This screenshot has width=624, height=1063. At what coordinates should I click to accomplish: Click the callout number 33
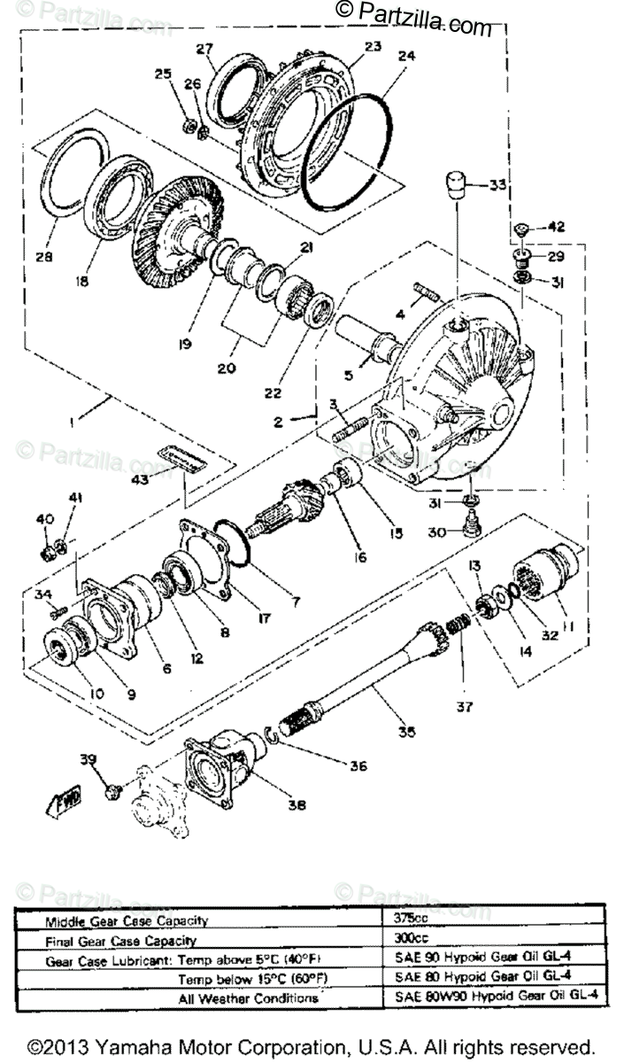498,186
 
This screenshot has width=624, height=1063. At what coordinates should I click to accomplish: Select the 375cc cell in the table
410,918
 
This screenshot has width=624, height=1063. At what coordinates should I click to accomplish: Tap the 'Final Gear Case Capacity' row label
120,941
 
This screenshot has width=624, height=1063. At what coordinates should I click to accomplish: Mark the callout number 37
465,706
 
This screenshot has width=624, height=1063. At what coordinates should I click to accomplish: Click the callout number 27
205,48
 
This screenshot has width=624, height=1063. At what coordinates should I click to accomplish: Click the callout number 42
555,227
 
